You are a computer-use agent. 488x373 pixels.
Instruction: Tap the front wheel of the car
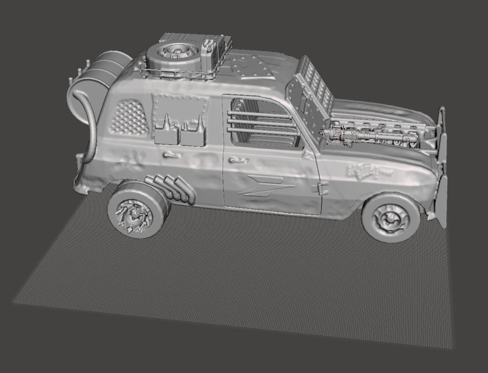[391, 218]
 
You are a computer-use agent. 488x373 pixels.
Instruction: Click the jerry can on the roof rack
[213, 52]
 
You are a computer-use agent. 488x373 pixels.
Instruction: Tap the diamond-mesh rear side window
[129, 117]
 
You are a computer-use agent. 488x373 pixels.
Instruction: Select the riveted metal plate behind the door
[180, 107]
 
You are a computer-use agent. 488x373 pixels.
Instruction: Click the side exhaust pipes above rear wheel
[172, 188]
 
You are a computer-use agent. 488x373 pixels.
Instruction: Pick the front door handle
[237, 160]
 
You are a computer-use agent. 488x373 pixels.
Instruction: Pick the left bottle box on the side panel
[166, 131]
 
